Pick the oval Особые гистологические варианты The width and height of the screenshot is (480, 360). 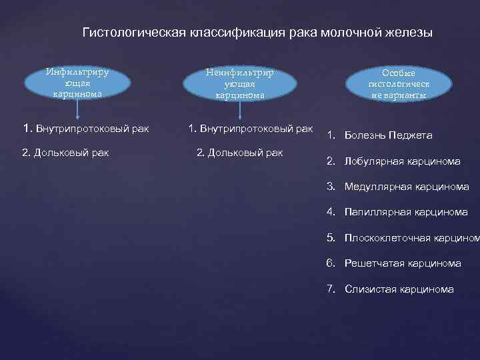coord(399,84)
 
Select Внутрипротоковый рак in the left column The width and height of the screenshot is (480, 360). coord(91,128)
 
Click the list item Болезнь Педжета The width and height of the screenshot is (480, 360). coord(388,135)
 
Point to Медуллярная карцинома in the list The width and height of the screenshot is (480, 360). coord(407,187)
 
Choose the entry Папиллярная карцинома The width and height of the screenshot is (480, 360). coord(406,213)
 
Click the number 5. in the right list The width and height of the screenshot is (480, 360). coord(331,238)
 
